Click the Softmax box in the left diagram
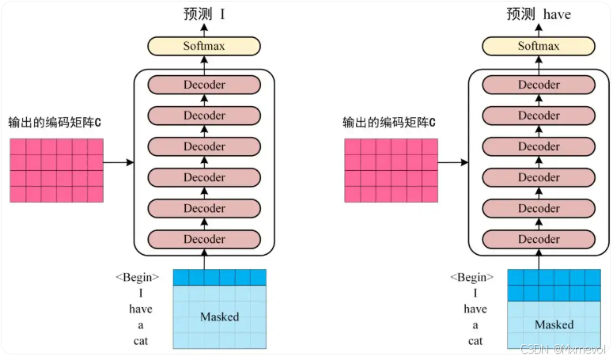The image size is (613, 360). pos(204,46)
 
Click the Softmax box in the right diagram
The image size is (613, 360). pos(539,46)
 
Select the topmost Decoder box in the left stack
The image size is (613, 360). pos(204,85)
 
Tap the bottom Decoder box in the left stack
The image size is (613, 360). pos(204,239)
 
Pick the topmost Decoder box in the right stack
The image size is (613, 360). pos(539,85)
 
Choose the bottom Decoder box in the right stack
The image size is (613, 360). pos(539,239)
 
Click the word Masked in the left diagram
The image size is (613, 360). pos(219,316)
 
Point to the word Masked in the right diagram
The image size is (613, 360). pos(554,324)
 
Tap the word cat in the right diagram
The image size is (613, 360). pos(475,341)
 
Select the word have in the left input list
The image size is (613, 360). pos(141,309)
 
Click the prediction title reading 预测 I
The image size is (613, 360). pos(204,13)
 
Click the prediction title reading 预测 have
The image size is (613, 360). pos(539,13)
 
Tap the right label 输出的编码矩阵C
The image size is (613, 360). pos(389,123)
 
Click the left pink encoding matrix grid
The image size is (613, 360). pos(56,170)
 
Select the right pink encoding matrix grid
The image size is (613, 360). pos(391,170)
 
